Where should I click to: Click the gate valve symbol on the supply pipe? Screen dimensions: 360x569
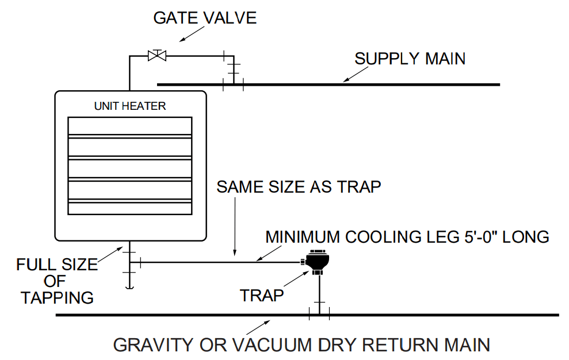156,55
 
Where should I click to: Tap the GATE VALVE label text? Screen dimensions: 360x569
205,18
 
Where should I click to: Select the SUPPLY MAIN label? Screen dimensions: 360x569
410,59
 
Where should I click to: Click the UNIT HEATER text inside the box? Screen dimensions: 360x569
130,106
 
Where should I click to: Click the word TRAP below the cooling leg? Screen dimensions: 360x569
262,296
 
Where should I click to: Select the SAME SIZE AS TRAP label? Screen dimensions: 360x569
299,187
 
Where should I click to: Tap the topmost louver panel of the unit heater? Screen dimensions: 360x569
130,125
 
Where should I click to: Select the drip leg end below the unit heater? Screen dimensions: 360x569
129,286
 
